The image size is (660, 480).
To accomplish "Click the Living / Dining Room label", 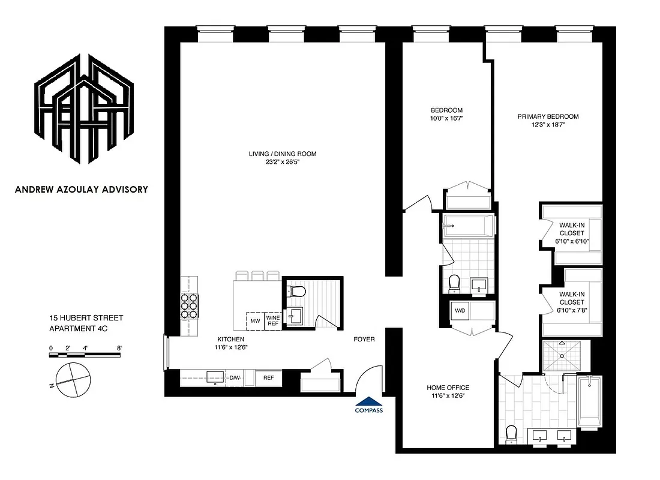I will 282,154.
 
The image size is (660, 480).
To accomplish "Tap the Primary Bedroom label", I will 548,116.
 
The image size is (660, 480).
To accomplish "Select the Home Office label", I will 448,388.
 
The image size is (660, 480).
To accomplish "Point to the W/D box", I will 461,311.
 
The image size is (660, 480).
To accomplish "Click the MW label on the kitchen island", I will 255,321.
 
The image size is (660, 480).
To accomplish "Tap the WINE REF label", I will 273,321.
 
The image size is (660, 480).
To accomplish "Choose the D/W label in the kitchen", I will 235,378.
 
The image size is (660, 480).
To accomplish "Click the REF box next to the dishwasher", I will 268,378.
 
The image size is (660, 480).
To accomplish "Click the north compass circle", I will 73,379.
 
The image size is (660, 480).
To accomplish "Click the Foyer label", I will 364,339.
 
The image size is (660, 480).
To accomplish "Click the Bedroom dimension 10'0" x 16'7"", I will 447,119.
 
